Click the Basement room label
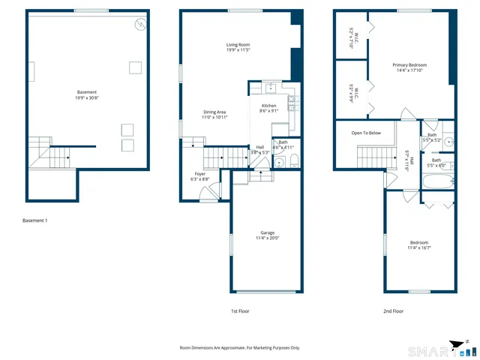pos(86,94)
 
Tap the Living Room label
pos(238,48)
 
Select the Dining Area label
pos(214,115)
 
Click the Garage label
pos(267,235)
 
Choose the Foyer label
pos(199,176)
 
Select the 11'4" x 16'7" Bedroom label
pos(419,244)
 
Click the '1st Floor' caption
pos(239,310)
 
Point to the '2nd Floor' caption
pos(393,310)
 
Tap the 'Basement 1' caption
pos(35,220)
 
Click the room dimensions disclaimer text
pos(239,348)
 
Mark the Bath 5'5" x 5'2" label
pos(432,137)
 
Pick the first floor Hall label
pos(259,149)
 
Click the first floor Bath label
pos(283,144)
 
